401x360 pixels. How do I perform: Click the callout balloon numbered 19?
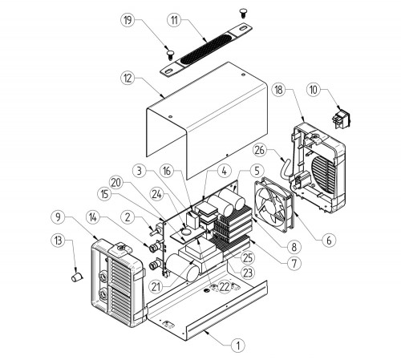[x=128, y=20]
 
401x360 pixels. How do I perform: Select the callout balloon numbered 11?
[x=175, y=20]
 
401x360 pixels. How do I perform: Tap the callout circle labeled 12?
[x=128, y=79]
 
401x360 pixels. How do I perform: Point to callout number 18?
[x=279, y=90]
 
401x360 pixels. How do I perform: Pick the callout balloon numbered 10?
[x=314, y=90]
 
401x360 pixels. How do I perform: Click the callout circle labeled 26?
[x=260, y=150]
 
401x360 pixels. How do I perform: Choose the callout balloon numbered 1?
[x=237, y=346]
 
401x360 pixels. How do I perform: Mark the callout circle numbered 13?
[x=58, y=241]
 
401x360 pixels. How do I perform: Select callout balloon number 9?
[x=58, y=217]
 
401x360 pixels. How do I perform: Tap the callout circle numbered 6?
[x=329, y=241]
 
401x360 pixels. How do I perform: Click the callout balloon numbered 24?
[x=157, y=194]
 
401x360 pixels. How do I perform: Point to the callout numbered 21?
[x=156, y=287]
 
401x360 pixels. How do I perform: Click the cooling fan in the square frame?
[x=274, y=205]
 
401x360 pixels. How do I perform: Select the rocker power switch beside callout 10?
[x=341, y=119]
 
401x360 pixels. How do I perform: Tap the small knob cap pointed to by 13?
[x=77, y=277]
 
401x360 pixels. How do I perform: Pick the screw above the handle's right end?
[x=243, y=13]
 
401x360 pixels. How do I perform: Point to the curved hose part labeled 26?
[x=286, y=167]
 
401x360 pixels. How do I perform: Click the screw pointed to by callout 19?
[x=169, y=55]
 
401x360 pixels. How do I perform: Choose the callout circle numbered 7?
[x=294, y=264]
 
